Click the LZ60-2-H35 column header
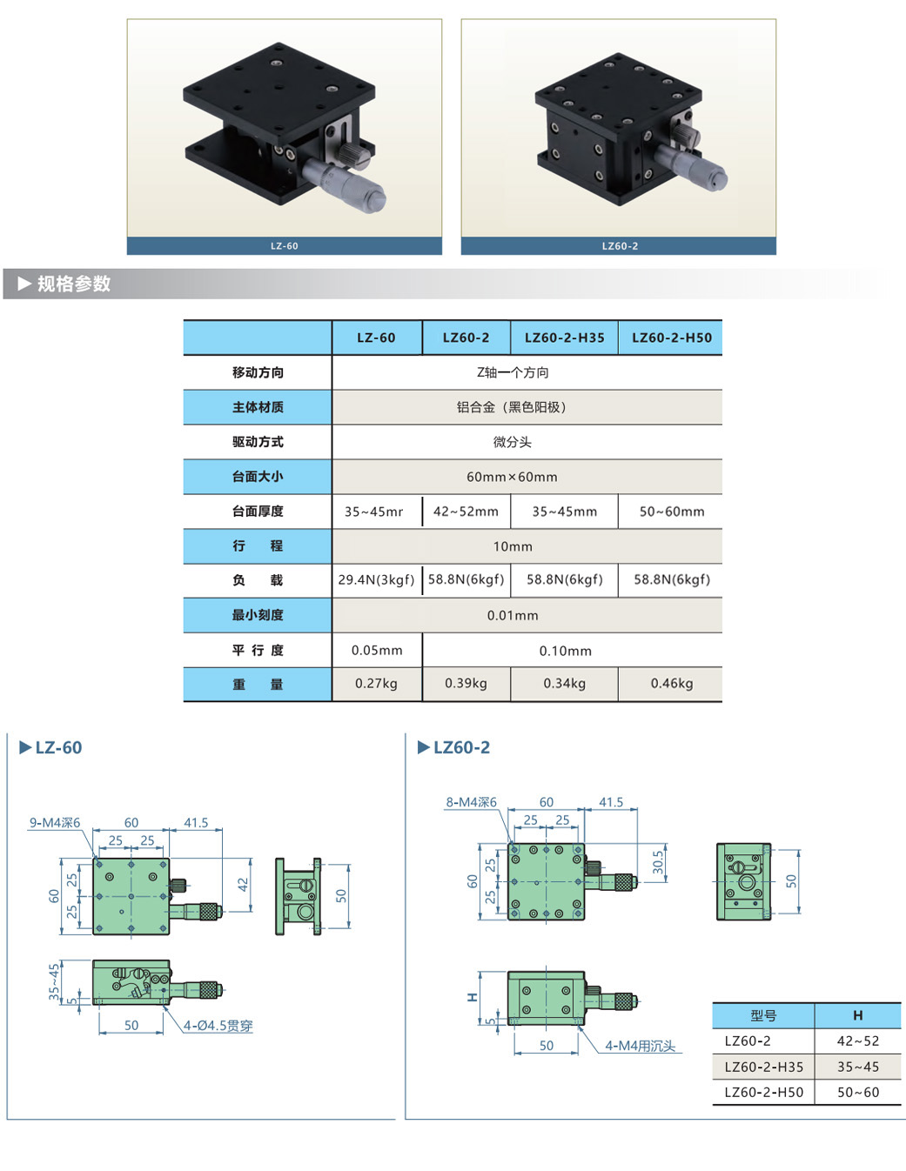564,338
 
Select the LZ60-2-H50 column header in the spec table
671,338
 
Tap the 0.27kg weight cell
376,684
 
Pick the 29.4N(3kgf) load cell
376,579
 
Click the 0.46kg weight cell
671,684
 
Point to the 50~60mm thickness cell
671,512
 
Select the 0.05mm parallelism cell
377,651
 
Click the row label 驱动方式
258,442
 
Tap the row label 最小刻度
258,615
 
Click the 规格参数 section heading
74,284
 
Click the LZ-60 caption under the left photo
285,246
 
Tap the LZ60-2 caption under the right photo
620,246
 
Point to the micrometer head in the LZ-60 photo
348,178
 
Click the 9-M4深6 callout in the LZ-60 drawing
55,823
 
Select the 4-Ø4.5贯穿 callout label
218,1026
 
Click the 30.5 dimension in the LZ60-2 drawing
658,862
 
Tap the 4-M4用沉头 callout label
640,1046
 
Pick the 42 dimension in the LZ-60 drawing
243,884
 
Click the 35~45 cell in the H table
857,1067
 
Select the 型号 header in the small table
763,1015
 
